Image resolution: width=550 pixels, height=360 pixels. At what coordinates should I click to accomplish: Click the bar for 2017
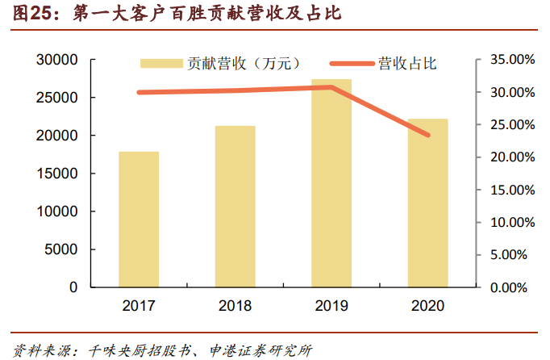(139, 219)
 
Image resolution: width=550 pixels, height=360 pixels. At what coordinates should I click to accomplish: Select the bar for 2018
(235, 206)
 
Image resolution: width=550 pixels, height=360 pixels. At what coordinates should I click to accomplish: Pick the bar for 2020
(427, 203)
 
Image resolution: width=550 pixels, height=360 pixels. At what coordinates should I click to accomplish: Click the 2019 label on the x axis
(331, 306)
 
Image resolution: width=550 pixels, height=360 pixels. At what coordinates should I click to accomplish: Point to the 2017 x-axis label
(139, 306)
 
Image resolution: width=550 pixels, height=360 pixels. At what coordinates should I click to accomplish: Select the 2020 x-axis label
(427, 306)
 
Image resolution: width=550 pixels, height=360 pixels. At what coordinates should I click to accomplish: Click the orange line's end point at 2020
(427, 135)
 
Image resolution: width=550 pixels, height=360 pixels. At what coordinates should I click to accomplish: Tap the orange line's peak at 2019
(331, 87)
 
